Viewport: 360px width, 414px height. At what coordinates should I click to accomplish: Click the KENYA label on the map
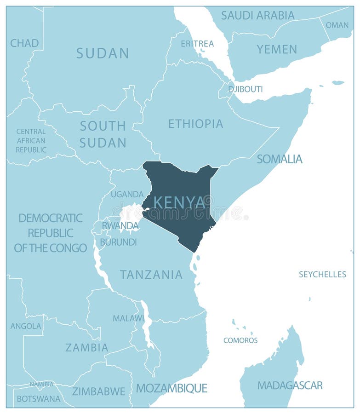pos(179,202)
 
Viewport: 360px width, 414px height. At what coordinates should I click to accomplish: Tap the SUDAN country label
pos(103,53)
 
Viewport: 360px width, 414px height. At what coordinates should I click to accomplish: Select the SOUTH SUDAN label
pos(103,134)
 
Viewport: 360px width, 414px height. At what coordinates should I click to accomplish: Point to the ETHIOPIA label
pos(195,124)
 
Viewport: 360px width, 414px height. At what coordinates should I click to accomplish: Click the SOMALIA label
pos(280,159)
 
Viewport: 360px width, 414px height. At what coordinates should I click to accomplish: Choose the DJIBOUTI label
pos(246,89)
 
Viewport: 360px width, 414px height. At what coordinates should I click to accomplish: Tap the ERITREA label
pos(197,44)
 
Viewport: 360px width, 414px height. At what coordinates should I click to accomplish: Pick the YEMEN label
pos(277,49)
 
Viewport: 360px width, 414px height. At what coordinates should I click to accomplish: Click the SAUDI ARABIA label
pos(257,15)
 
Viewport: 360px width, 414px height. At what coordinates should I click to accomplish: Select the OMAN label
pos(337,25)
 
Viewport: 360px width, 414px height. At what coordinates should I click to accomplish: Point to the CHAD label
pos(24,43)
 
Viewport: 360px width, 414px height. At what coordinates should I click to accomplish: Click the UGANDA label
pos(127,194)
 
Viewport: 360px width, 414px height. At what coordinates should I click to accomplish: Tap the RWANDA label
pos(120,226)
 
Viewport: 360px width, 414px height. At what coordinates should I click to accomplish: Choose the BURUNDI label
pos(118,242)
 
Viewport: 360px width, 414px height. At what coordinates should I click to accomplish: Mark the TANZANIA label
pos(151,275)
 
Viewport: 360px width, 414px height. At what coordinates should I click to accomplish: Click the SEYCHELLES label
pos(322,274)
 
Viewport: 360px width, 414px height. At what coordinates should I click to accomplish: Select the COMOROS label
pos(240,340)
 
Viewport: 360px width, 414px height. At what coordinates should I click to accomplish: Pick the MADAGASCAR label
pos(290,385)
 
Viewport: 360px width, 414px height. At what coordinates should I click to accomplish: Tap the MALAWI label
pos(128,318)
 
